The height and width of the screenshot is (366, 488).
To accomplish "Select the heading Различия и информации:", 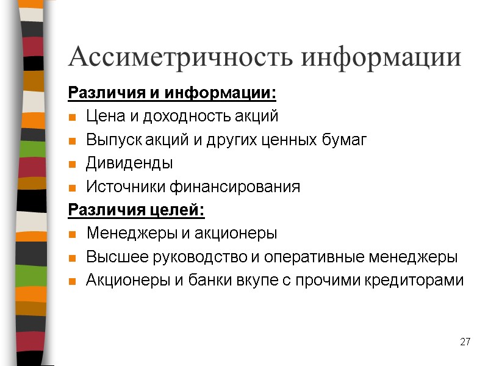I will [x=171, y=94].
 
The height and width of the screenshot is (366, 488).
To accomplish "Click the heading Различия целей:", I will [x=136, y=210].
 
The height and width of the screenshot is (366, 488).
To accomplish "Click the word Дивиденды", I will [x=129, y=163].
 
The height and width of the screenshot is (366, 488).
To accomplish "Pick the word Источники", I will [x=122, y=187].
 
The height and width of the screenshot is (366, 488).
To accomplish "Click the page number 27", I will [x=465, y=342].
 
